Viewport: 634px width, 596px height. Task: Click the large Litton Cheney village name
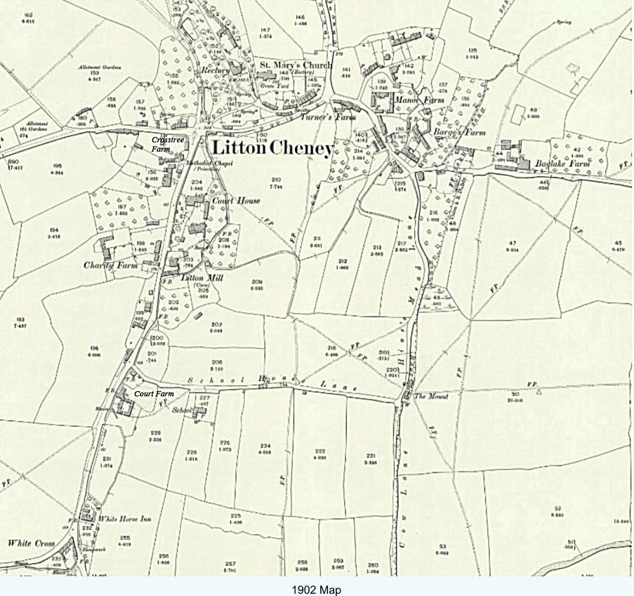coord(272,149)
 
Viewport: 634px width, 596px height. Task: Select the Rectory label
coord(216,71)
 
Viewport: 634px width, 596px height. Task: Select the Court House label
coord(236,201)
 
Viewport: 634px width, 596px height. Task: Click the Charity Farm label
coord(108,265)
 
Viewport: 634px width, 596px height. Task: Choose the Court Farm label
coord(154,394)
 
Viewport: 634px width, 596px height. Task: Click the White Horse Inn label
coord(125,519)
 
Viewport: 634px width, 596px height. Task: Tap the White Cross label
coord(31,543)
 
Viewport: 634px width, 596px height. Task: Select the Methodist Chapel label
coord(210,163)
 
